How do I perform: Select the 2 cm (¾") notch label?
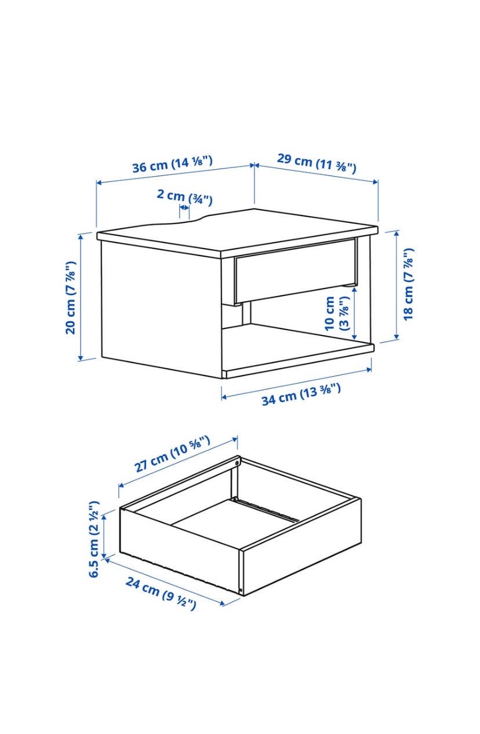coord(184,196)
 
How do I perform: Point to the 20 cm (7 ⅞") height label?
coord(71,298)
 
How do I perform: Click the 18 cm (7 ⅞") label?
coord(409,284)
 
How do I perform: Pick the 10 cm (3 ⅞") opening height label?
coord(337,313)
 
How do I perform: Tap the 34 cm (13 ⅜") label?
coord(301,395)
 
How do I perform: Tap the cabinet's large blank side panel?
coord(161,309)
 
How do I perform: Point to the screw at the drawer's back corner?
coord(237,463)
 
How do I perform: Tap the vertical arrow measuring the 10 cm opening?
coord(354,313)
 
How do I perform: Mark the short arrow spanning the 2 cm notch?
coord(184,207)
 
